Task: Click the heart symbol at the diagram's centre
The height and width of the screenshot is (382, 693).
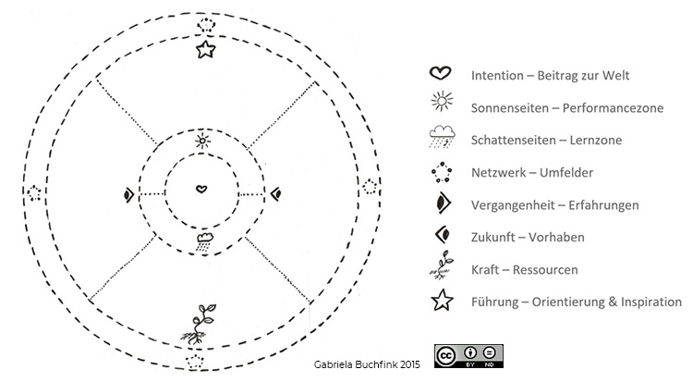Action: coord(201,189)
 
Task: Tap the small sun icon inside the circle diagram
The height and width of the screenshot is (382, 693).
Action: coord(202,141)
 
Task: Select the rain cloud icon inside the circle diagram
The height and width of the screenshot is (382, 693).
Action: coord(204,242)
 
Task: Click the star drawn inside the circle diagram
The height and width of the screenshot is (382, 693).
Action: coord(205,50)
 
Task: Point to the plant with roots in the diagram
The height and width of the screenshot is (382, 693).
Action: coord(199,324)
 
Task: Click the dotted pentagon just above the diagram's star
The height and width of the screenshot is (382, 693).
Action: coord(206,25)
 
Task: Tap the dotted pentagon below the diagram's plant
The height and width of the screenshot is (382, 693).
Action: coord(194,362)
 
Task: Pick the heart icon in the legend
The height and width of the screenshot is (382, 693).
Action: coord(440,73)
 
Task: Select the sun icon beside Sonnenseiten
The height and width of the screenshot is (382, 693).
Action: coord(442,102)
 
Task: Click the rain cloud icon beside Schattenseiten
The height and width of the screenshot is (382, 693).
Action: coord(442,136)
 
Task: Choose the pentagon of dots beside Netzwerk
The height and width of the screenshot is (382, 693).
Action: coord(442,172)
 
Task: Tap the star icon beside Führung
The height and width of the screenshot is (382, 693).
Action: coord(442,300)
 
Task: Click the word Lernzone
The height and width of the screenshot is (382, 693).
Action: coord(596,141)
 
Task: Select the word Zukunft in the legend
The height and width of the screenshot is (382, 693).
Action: coord(493,238)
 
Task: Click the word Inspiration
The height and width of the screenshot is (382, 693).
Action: coord(651,302)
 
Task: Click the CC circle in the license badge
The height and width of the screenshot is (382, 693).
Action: coord(445,356)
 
